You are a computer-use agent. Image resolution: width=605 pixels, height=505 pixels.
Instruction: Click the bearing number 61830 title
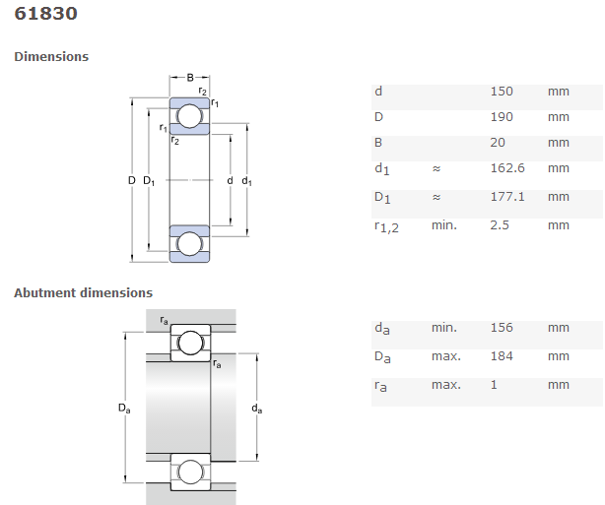tap(46, 15)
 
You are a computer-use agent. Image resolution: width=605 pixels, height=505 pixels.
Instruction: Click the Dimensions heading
tap(51, 57)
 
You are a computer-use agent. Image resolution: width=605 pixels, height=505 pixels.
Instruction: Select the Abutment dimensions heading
tap(83, 292)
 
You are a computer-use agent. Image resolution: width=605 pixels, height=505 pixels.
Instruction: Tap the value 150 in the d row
tap(502, 92)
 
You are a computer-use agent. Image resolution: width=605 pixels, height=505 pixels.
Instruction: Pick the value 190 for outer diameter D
tap(502, 117)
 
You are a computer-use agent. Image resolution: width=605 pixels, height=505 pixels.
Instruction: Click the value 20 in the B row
tap(498, 143)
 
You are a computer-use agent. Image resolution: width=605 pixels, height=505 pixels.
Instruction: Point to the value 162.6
tap(507, 168)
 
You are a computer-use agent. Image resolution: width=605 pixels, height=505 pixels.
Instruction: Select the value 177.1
tap(507, 197)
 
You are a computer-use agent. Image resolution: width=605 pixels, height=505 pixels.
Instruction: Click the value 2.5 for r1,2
tap(501, 225)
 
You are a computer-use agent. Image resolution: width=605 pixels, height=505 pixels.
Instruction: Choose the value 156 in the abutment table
tap(502, 328)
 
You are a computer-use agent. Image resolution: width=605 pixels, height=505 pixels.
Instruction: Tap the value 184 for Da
tap(502, 356)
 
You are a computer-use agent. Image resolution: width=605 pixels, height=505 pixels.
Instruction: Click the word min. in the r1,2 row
tap(444, 225)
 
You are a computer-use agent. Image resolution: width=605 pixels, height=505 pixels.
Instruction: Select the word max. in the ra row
tap(445, 385)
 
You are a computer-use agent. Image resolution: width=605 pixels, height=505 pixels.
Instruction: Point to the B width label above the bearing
tap(190, 77)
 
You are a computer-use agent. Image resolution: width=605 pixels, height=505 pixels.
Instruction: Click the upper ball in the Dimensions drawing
tap(189, 118)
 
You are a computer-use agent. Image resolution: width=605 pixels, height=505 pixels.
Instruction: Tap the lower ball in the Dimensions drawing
tap(189, 243)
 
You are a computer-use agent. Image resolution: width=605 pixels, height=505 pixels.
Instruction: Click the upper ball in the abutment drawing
tap(190, 343)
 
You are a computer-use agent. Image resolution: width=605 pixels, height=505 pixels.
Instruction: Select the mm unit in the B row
tap(559, 143)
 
